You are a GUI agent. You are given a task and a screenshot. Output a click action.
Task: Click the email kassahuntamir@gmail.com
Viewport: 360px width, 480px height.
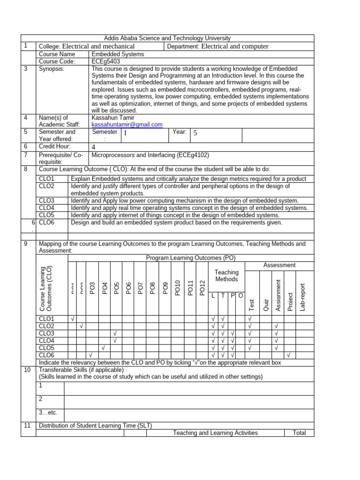pos(127,125)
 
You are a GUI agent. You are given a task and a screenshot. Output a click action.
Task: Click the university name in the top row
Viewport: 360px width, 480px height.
pos(167,38)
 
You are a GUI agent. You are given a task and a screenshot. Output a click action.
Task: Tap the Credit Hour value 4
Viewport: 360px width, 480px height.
pos(94,147)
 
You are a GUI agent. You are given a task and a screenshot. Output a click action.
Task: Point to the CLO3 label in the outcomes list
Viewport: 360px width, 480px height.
pos(47,201)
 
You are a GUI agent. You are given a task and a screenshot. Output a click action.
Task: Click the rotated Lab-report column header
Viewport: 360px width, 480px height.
pos(302,297)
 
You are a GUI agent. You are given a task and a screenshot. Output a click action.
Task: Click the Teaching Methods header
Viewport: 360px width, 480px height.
pos(226,276)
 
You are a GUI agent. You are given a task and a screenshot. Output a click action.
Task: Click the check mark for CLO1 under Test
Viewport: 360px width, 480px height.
pos(250,319)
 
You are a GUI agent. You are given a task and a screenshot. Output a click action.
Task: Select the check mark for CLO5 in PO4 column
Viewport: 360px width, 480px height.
pos(103,348)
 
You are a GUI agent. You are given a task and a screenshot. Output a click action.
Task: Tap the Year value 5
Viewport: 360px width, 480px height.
pos(195,134)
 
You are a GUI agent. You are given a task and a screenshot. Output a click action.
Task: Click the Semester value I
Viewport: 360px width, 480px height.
pos(125,134)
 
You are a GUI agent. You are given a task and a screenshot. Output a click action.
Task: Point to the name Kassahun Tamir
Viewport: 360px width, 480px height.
pos(113,118)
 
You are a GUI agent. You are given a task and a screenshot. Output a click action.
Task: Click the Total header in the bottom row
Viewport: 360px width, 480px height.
pos(299,433)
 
